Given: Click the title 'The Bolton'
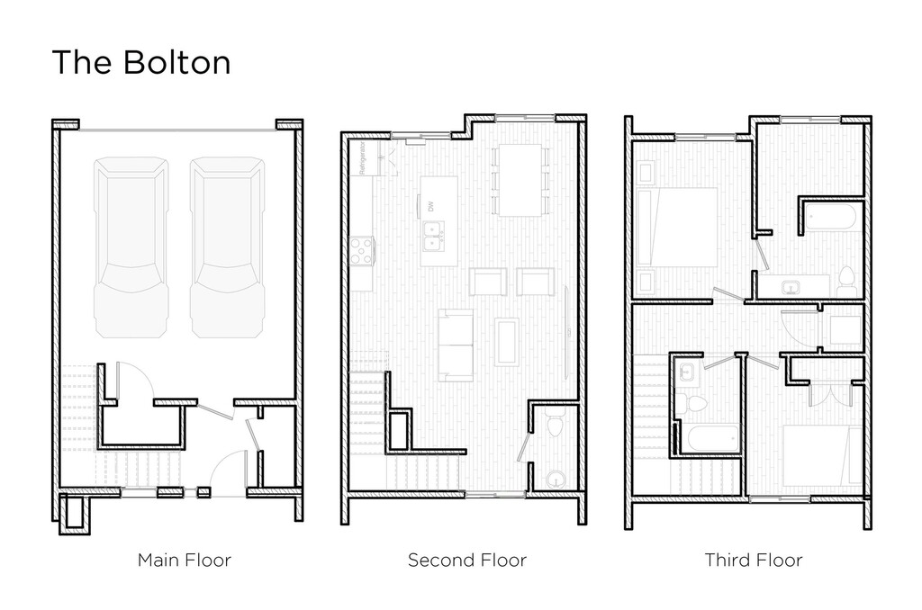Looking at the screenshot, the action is [x=140, y=63].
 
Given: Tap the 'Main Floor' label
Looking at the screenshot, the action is [x=185, y=560].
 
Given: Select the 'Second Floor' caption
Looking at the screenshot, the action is [x=466, y=560].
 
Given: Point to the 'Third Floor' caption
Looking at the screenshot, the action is [x=753, y=560].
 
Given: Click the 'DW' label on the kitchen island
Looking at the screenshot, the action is [x=430, y=206].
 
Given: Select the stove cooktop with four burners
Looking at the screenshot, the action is [x=362, y=250].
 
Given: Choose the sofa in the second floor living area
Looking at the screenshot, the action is [x=455, y=344].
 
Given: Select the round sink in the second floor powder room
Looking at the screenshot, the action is [x=556, y=478].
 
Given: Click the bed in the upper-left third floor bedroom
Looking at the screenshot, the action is [x=678, y=228].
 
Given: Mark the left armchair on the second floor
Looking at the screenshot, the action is [x=486, y=283].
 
